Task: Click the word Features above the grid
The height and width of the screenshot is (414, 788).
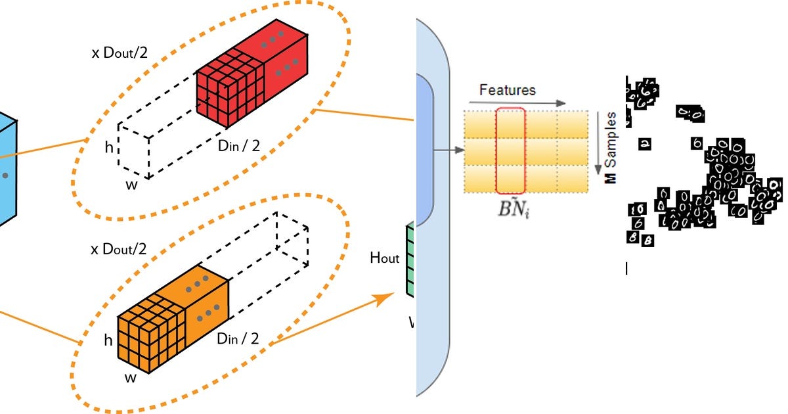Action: (507, 90)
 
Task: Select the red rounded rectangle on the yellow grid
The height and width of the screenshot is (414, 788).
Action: (510, 150)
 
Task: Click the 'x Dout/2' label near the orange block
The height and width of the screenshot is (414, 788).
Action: (119, 249)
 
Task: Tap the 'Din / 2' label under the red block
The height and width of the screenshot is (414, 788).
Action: (238, 145)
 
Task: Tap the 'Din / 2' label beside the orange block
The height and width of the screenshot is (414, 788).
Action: (238, 338)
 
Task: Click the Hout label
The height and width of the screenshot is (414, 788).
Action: (384, 258)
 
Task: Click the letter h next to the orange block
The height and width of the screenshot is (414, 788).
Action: (108, 340)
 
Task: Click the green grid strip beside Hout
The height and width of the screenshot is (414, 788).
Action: (410, 260)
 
